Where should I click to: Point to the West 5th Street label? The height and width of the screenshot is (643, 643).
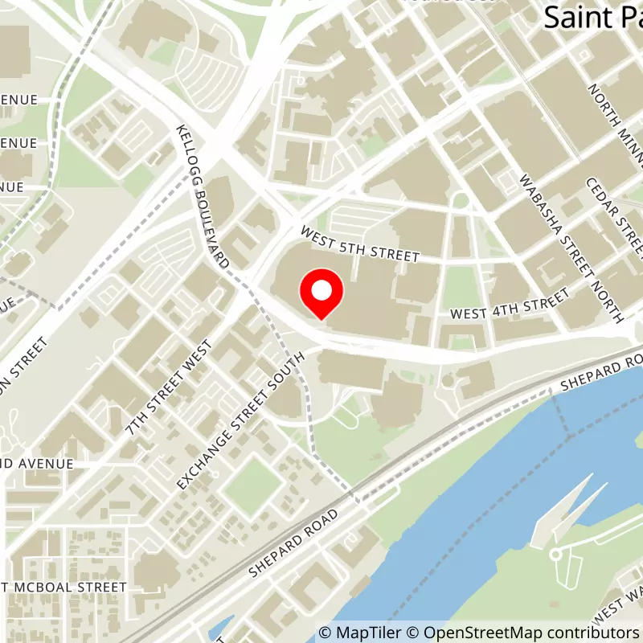tap(360, 244)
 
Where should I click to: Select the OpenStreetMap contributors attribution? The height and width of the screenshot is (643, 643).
tap(522, 633)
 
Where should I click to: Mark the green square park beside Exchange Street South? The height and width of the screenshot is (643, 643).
tap(252, 485)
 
